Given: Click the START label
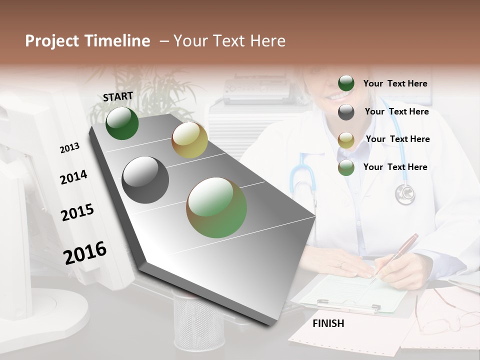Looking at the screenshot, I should (118, 96).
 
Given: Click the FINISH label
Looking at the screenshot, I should (328, 323).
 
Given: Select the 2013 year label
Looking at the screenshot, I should (69, 148).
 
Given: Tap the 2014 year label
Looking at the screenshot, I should (73, 177).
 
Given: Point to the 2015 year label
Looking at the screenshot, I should (77, 212).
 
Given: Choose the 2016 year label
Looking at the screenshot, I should (85, 252).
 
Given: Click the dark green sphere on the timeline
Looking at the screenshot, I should (122, 123).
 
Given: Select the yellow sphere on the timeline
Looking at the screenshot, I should (189, 140).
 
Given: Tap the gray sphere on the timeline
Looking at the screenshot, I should (145, 180).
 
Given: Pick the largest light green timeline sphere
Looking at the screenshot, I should (216, 207).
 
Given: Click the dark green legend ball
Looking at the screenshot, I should (346, 83).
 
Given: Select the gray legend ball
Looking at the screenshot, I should (346, 112).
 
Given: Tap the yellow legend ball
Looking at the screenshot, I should (346, 140).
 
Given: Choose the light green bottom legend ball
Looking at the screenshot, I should (346, 167).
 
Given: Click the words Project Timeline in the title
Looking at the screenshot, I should (87, 41).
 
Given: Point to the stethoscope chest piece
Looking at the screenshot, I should (405, 194).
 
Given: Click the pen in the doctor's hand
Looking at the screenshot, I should (400, 252).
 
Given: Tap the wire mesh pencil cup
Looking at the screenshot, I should (198, 320).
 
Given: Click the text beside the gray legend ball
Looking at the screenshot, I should (396, 111).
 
